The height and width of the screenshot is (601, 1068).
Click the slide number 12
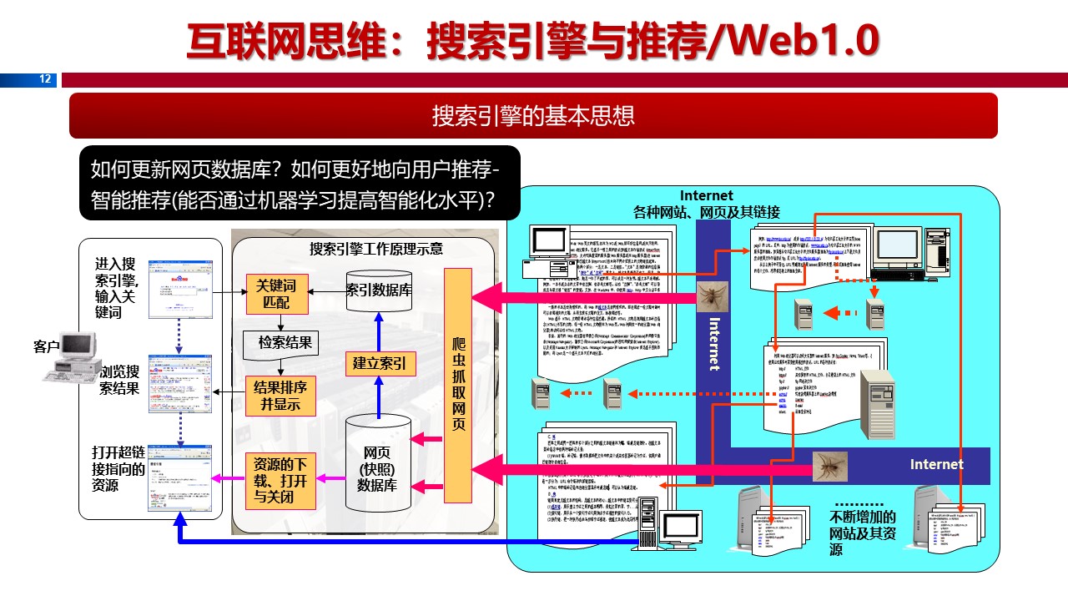[45, 79]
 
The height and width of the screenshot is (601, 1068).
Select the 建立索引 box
[380, 364]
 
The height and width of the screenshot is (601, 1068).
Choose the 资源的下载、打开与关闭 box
[280, 481]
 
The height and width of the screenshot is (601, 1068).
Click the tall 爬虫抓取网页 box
[458, 385]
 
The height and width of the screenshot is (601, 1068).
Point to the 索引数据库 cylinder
[380, 290]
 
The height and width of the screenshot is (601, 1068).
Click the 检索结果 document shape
[284, 343]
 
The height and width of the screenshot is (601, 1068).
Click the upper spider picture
[713, 296]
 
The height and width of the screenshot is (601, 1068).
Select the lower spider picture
[830, 466]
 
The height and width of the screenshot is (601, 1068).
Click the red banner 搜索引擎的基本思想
[533, 115]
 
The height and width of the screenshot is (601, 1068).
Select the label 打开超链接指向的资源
[118, 469]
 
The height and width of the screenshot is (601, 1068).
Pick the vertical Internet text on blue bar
[713, 342]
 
